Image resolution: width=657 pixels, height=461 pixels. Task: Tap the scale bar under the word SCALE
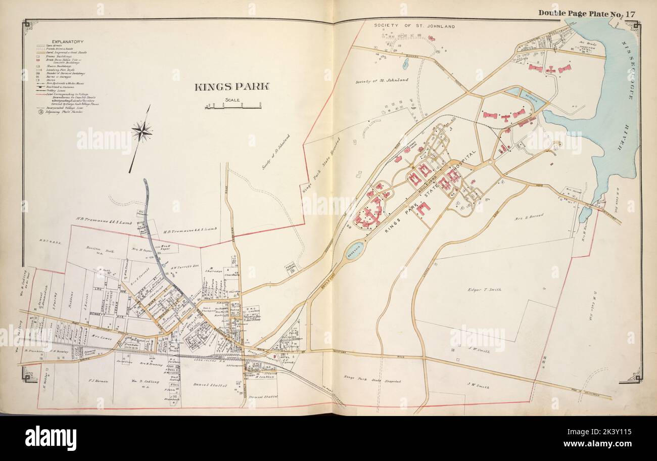233,106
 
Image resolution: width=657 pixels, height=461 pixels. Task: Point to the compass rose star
142,132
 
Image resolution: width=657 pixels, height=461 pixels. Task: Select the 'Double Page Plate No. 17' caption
586,14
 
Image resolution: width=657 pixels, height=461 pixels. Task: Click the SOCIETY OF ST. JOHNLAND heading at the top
414,26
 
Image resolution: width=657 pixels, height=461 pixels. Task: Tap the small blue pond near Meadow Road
405,64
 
